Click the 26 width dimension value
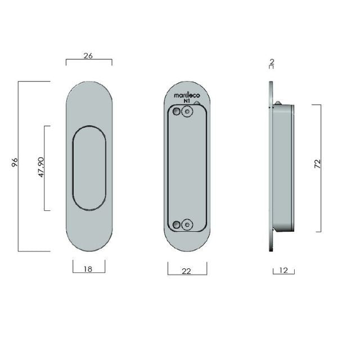[88, 56]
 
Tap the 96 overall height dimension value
[15, 163]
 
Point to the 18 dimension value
[88, 269]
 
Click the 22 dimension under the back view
[187, 271]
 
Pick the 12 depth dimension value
[283, 271]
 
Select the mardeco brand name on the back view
[186, 96]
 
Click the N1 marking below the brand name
[187, 102]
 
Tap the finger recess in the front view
[89, 168]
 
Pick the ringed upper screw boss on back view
[187, 112]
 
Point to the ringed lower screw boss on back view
[187, 225]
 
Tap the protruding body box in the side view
[284, 168]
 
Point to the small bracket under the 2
[271, 67]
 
